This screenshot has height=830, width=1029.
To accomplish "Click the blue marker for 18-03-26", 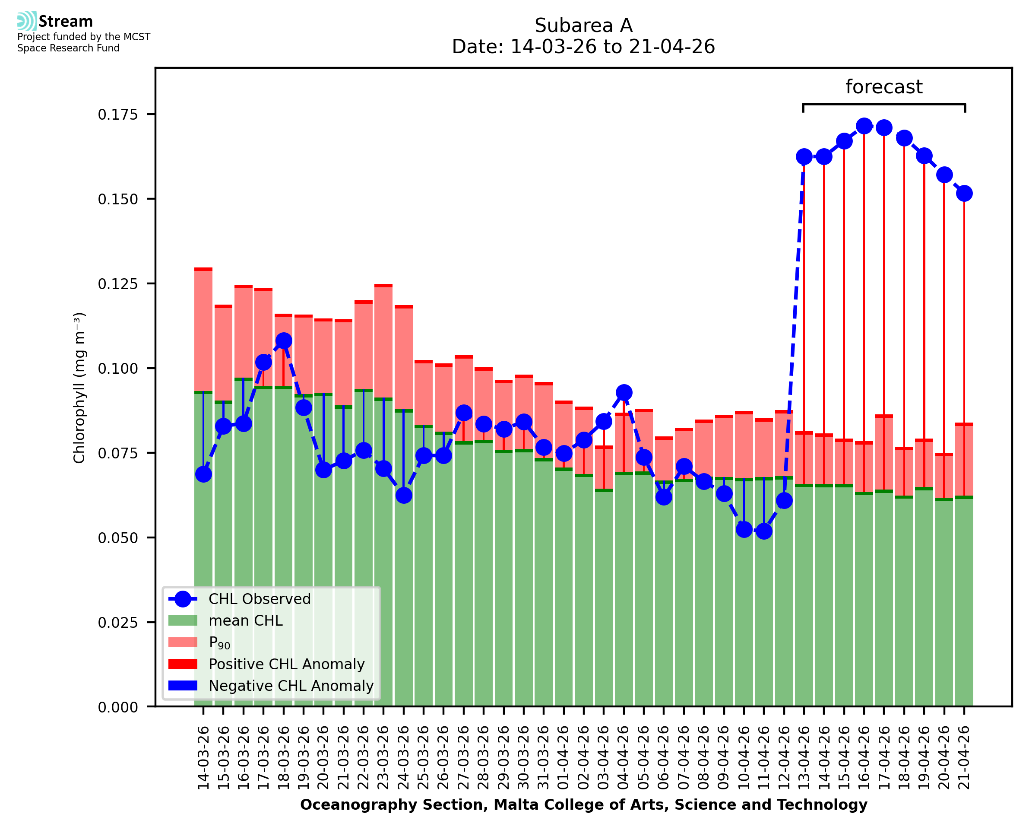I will [x=283, y=340].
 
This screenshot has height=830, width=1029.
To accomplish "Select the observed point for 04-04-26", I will [x=624, y=392].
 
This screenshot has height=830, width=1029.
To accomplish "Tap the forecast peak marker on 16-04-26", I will [x=864, y=126].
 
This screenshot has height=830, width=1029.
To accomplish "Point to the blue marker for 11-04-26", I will [x=764, y=531].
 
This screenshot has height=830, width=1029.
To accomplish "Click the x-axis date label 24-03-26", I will [x=404, y=758].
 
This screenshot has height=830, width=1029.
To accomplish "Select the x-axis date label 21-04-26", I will [x=964, y=758].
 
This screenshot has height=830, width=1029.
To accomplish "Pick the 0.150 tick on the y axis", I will [x=117, y=199].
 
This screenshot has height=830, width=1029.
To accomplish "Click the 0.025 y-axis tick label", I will [x=117, y=623].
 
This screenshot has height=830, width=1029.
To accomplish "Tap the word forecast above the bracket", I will [x=884, y=87].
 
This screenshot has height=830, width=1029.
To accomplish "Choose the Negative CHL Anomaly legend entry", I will [x=291, y=686].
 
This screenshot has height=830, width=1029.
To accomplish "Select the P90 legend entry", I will [x=219, y=642].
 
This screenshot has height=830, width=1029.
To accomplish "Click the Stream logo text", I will [x=66, y=22].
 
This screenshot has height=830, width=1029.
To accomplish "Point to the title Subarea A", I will [x=583, y=25].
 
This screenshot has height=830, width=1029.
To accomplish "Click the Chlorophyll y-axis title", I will [x=79, y=388].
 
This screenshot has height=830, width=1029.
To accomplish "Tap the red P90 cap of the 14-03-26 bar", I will [x=203, y=269].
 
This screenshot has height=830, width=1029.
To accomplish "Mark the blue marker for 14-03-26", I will [x=203, y=474].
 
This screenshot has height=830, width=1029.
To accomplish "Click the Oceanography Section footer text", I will [x=583, y=805].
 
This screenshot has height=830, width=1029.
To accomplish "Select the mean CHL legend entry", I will [x=246, y=620].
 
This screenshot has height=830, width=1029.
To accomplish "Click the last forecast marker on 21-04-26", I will [x=964, y=193].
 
